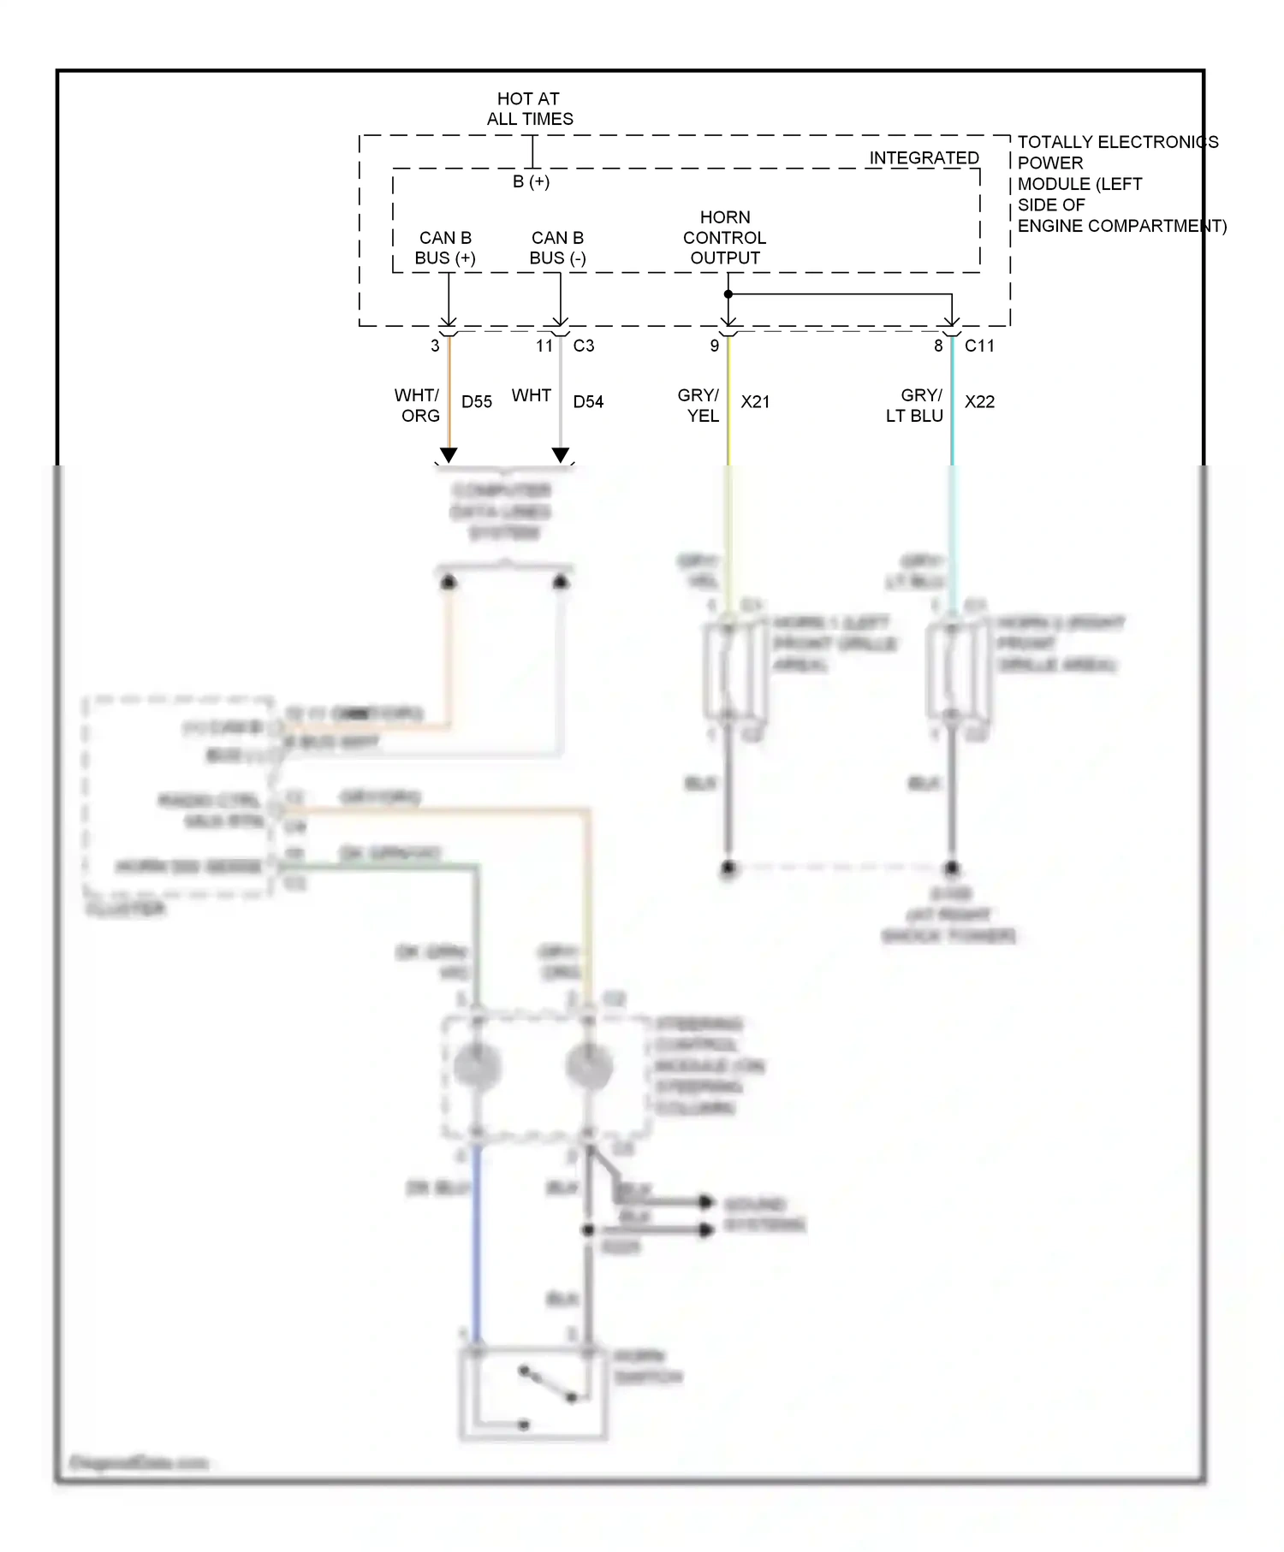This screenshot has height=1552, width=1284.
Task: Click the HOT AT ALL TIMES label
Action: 529,109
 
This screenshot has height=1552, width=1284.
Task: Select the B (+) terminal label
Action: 531,181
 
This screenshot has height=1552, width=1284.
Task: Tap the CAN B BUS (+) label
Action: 445,248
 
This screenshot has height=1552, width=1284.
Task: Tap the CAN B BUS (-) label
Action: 557,248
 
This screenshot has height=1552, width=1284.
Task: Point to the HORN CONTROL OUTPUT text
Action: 725,238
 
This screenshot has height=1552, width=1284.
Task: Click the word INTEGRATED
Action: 924,158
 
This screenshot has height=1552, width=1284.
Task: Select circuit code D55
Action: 477,402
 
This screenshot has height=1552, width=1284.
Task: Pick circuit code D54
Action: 588,402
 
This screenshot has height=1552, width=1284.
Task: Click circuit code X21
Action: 755,402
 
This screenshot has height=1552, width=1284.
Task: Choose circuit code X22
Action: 979,402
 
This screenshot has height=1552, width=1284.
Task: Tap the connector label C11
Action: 979,346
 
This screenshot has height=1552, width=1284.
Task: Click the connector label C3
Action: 584,346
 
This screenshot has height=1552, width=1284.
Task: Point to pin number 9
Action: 715,346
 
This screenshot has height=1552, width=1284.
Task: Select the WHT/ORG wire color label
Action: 418,406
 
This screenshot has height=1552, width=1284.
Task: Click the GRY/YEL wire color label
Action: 699,406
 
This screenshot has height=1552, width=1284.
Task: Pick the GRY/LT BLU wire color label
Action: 916,406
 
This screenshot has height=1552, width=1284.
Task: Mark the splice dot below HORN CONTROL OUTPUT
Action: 728,294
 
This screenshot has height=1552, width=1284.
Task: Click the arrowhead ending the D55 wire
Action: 449,455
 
